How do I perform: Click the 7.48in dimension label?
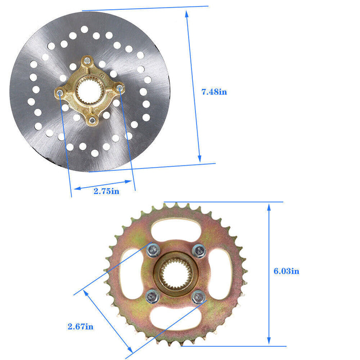pyautogui.click(x=214, y=92)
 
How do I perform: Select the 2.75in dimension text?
pyautogui.click(x=106, y=191)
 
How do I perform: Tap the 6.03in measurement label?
pyautogui.click(x=286, y=271)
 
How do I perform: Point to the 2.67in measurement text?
pyautogui.click(x=80, y=326)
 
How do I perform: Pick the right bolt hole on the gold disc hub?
pyautogui.click(x=120, y=89)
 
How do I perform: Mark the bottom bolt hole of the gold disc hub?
pyautogui.click(x=91, y=120)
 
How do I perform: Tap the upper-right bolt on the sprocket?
pyautogui.click(x=199, y=250)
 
